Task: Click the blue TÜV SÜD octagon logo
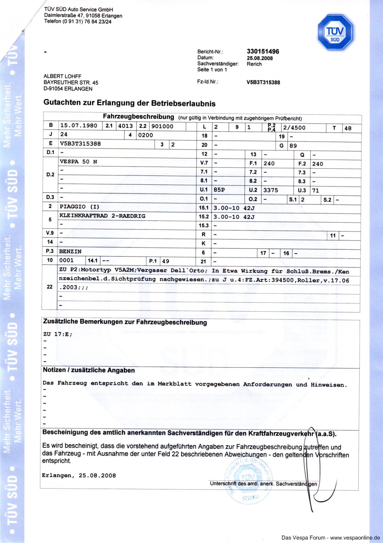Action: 335,33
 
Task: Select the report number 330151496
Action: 263,52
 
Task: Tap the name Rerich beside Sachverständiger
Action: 254,64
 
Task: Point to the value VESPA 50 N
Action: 79,162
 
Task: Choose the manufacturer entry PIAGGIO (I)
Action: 80,207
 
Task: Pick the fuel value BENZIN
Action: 70,251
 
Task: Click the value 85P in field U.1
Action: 219,190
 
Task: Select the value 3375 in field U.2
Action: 271,190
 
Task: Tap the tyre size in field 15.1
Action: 234,208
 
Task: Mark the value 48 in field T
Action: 348,128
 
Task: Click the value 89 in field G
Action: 293,146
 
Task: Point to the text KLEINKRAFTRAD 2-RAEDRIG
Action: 102,216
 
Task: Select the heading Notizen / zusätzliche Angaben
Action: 89,370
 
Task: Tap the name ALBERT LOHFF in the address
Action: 63,76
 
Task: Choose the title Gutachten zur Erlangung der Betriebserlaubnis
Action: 129,103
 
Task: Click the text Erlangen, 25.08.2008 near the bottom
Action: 79,475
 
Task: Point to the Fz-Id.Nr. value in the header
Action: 263,82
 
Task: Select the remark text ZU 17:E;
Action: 58,334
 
